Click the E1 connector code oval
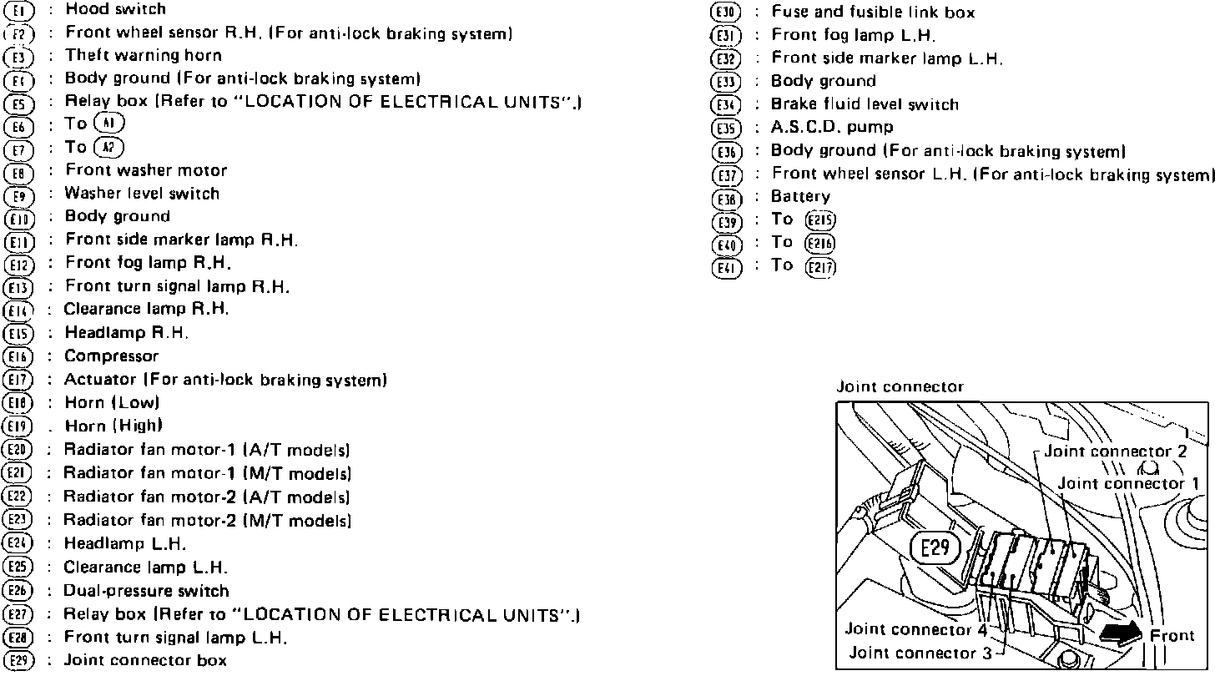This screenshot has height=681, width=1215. pos(18,11)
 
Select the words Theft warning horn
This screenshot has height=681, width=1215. pos(144,55)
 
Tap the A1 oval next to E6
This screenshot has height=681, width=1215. pos(109,124)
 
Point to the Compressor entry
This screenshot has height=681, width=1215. pos(111,356)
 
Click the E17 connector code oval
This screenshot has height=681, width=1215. pos(18,381)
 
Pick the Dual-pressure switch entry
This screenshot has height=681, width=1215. pos(146,591)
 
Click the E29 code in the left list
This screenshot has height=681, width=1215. pos(18,661)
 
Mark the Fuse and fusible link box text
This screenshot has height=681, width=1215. pos(873,13)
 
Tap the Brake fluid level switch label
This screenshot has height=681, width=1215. pos(865,105)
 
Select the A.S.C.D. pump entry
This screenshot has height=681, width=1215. pos(832,128)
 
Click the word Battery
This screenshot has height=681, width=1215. pos(801,197)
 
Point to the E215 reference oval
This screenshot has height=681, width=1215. pos(820,221)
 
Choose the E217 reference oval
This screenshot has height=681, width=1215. pos(820,267)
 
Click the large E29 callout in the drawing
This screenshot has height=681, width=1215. pos(935,549)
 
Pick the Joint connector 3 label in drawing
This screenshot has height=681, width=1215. pos(920,653)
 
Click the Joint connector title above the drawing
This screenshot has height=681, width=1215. pos(900,387)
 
